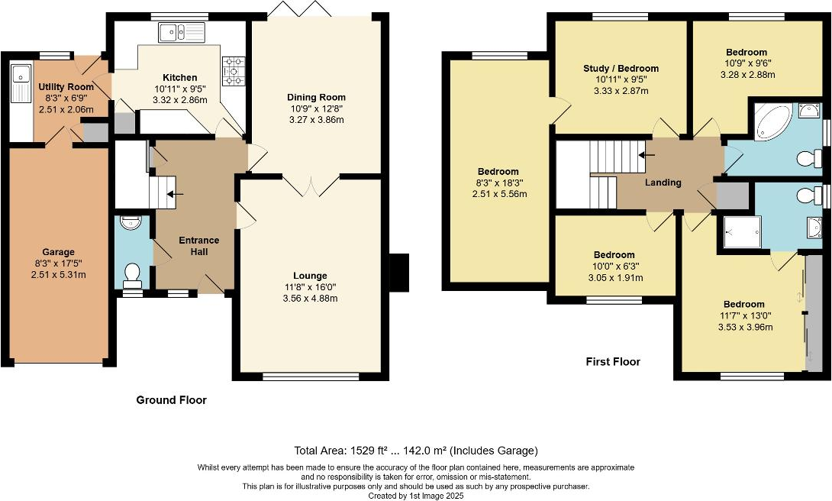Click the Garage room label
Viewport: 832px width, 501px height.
click(x=58, y=251)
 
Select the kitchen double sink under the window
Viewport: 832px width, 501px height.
click(x=182, y=32)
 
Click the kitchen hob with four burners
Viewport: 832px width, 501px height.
click(x=233, y=70)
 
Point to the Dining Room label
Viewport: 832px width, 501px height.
click(x=316, y=97)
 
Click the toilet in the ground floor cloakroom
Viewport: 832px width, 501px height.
click(x=132, y=273)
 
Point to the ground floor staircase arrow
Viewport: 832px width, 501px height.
click(x=169, y=194)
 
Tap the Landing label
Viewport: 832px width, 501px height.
click(x=663, y=183)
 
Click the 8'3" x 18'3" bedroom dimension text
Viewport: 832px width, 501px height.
click(x=498, y=183)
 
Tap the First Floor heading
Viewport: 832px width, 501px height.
click(x=612, y=361)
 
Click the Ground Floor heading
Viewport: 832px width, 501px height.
click(x=171, y=399)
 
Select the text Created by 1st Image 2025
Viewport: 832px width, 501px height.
click(x=415, y=495)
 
